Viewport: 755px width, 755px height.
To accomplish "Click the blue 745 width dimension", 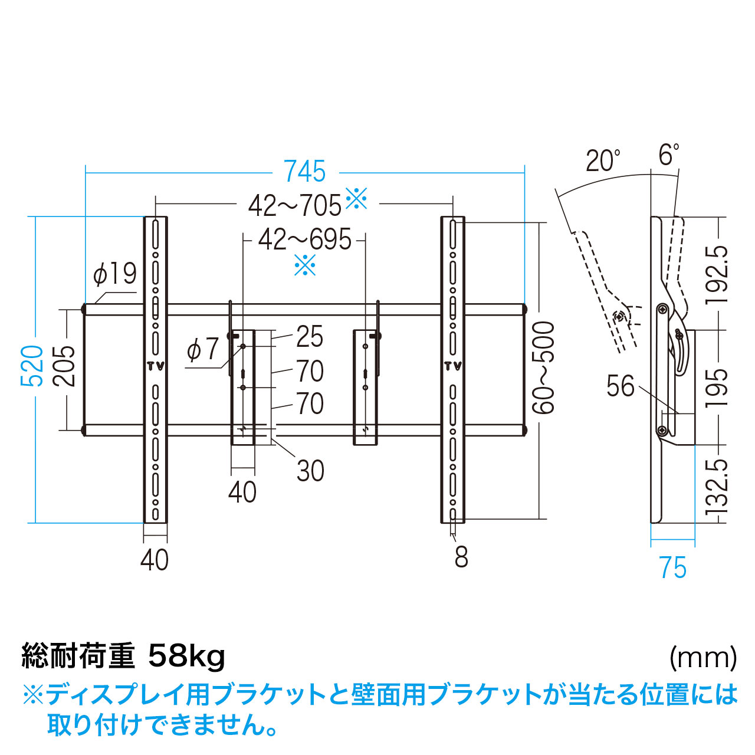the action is pos(305,171).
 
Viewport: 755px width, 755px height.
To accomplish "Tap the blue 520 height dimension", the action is pos(32,366).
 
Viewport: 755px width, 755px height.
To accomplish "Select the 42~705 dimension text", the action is pos(295,206).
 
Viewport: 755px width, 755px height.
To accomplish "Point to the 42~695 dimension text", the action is pos(305,239).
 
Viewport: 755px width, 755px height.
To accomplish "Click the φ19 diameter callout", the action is pos(115,273).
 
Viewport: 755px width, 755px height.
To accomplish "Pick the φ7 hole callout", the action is pos(202,349).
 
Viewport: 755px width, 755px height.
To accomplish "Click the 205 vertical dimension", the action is pos(64,366).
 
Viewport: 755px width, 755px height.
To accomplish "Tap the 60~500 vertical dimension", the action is pos(543,367).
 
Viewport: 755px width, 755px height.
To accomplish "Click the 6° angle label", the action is pos(668,155).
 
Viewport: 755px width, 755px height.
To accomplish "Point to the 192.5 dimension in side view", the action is pos(717,274).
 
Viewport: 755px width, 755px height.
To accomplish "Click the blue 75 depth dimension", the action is pos(674,567).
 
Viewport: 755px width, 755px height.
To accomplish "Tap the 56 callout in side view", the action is pos(620,386).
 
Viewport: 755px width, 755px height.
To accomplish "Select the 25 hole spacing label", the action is pos(310,336).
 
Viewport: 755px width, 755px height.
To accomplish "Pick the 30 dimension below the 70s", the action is pos(310,471).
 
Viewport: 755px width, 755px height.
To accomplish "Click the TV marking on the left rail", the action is pos(156,366).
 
